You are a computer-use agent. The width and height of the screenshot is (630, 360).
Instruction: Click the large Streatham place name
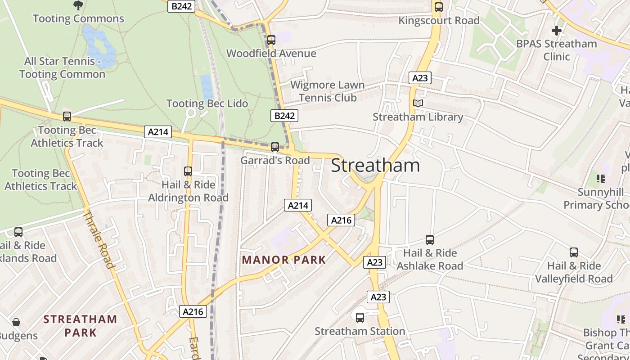(375, 166)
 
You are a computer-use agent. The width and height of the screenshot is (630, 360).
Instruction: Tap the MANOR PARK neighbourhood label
(284, 260)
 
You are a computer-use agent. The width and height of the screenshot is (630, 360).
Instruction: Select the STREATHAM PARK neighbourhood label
(80, 326)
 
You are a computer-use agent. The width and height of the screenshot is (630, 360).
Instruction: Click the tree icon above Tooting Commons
(78, 5)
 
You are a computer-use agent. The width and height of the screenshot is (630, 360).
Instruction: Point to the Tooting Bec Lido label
(207, 103)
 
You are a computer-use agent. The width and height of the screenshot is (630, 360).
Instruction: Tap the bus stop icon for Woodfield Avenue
(271, 40)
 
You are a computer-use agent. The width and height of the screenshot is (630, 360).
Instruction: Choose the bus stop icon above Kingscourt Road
(438, 7)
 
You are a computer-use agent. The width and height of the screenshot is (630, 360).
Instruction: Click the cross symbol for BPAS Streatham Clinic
(557, 31)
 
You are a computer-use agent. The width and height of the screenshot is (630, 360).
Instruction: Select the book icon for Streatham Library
(418, 103)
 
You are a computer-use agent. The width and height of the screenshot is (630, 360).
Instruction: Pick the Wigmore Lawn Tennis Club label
(328, 91)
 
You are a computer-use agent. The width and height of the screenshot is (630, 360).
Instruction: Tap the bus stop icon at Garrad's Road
(274, 147)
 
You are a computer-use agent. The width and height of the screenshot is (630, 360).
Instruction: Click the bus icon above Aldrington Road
(188, 171)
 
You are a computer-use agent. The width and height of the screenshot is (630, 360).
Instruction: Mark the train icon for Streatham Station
(360, 318)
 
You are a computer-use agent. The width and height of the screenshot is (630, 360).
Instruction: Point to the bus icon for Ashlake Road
(430, 240)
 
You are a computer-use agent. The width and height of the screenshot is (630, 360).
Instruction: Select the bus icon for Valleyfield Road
(574, 252)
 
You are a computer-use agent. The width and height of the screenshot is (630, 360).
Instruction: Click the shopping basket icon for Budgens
(16, 322)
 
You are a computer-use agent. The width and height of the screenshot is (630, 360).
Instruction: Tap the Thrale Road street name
(99, 239)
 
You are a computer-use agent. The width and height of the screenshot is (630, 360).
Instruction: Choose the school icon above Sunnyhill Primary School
(601, 179)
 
